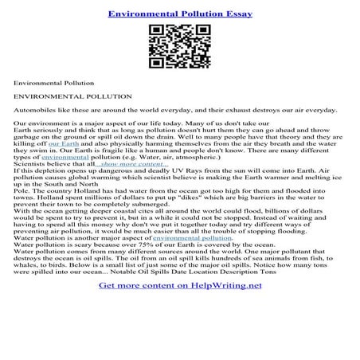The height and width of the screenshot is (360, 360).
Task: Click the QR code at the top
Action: pyautogui.click(x=180, y=46)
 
